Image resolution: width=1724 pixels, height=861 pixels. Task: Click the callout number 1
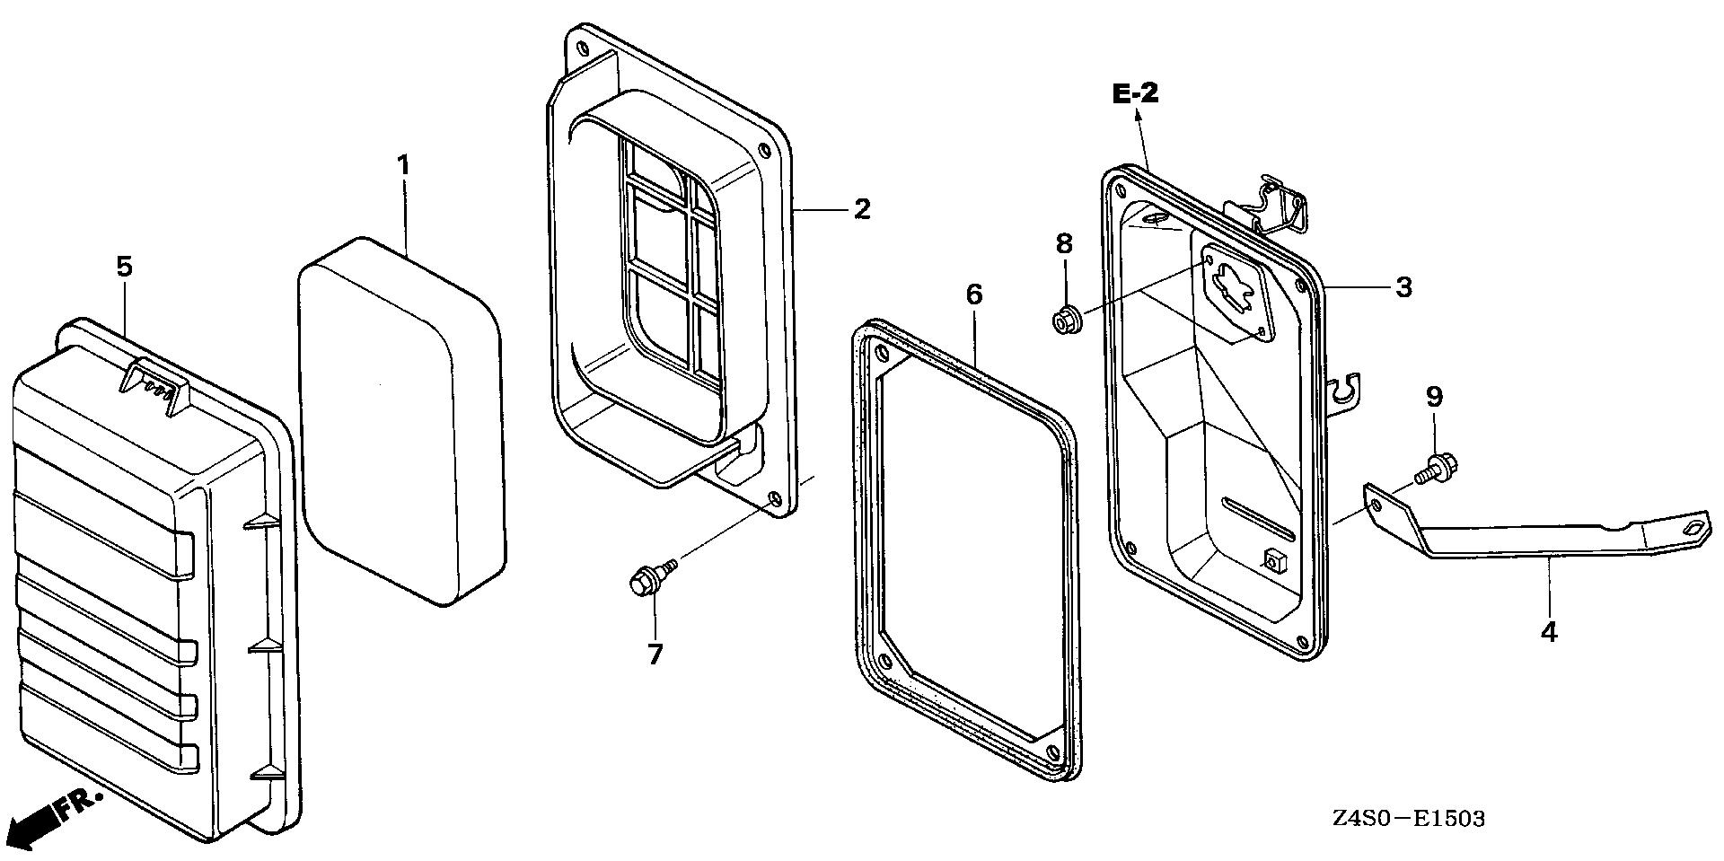404,165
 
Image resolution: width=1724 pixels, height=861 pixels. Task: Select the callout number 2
861,209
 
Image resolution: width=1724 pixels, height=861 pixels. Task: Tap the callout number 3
1403,287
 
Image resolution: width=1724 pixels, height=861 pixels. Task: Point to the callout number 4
1548,632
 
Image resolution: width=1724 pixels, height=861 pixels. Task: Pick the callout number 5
124,266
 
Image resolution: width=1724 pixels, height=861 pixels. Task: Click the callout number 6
974,294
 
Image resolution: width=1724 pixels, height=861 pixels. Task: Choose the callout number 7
655,655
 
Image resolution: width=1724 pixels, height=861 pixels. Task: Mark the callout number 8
1064,243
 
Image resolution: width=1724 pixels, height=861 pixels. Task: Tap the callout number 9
1434,396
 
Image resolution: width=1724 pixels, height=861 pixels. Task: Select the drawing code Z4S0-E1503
1408,819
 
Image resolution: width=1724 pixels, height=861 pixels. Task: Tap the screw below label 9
1439,468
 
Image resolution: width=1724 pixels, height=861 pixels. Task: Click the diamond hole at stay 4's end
1693,527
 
